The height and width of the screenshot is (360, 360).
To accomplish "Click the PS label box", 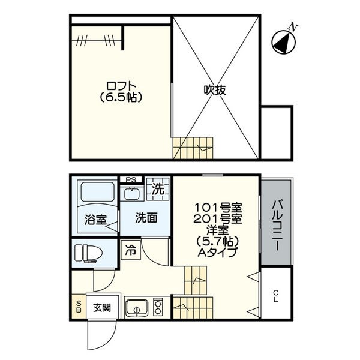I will point(130,179).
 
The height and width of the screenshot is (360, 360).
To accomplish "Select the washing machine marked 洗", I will point(157,190).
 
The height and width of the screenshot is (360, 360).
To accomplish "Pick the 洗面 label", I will point(146,218).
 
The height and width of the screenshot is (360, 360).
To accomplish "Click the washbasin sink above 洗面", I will point(130,194).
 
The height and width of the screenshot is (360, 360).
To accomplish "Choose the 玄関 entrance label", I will point(101,308).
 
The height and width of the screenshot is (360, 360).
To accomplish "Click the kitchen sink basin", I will point(137,310).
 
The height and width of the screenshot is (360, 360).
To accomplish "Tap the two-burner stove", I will point(158,307).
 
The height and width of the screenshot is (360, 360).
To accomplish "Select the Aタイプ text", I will point(218,252).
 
